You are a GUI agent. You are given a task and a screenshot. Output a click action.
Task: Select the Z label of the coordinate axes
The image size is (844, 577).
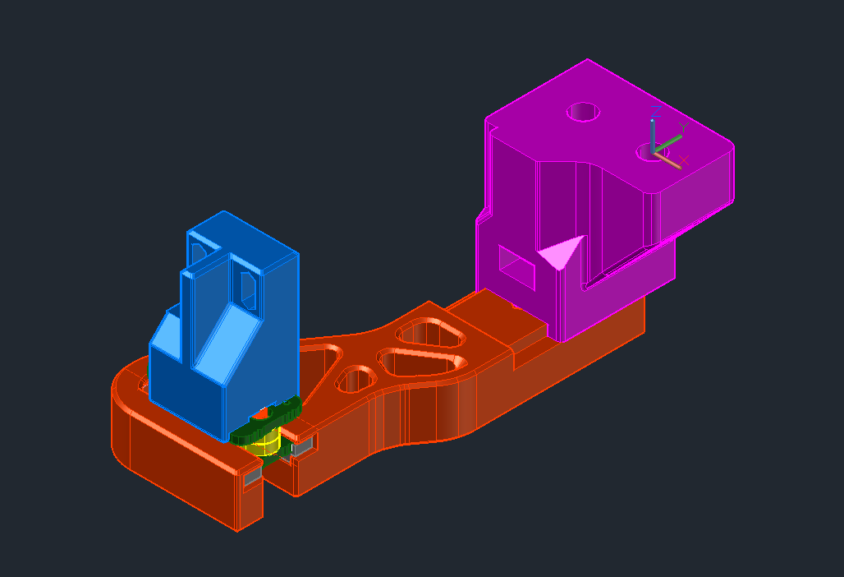coord(656,110)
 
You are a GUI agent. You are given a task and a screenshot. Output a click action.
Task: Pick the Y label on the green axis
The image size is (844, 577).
coord(682,127)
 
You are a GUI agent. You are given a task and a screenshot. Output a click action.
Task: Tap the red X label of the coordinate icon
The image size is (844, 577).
coord(684,159)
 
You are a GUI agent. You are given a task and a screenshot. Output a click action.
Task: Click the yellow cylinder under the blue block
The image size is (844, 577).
coord(265,444)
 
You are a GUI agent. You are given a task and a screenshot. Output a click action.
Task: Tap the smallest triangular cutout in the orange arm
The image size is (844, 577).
coord(355,379)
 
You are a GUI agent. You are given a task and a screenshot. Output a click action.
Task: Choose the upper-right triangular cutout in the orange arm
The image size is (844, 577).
coord(430,334)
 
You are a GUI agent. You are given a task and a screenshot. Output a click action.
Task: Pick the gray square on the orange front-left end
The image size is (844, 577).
coord(251,476)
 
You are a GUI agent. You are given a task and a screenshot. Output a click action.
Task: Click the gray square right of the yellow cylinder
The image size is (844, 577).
coord(302,447)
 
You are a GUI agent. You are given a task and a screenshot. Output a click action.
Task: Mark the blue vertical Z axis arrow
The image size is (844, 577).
coord(653,135)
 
